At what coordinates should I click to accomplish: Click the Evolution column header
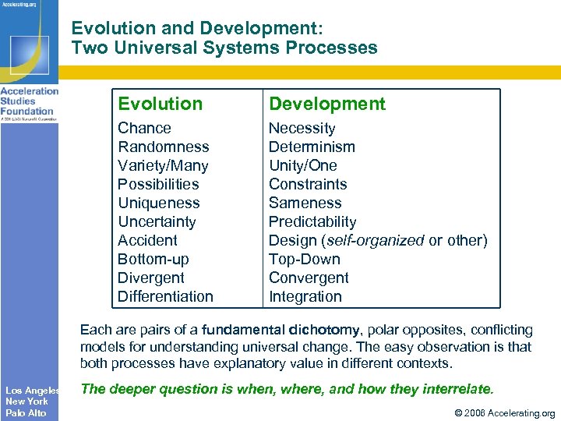click(x=160, y=104)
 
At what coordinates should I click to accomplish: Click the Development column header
click(x=326, y=104)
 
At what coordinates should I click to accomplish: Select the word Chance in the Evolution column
click(x=144, y=128)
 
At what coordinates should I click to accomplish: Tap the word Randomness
click(x=163, y=147)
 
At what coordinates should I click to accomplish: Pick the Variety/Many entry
click(x=163, y=165)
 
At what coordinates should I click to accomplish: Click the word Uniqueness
click(x=158, y=203)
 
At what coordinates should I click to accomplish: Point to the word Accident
click(x=147, y=240)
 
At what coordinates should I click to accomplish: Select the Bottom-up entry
click(x=153, y=259)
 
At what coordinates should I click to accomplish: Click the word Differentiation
click(x=165, y=296)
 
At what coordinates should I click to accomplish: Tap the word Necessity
click(x=302, y=128)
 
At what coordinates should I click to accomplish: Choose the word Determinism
click(x=312, y=147)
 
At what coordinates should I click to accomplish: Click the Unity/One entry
click(x=302, y=165)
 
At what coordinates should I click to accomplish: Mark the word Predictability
click(x=312, y=221)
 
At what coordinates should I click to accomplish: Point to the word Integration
click(x=305, y=296)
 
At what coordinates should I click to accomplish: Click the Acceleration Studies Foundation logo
click(x=29, y=101)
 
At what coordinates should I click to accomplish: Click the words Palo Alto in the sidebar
click(x=26, y=412)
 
